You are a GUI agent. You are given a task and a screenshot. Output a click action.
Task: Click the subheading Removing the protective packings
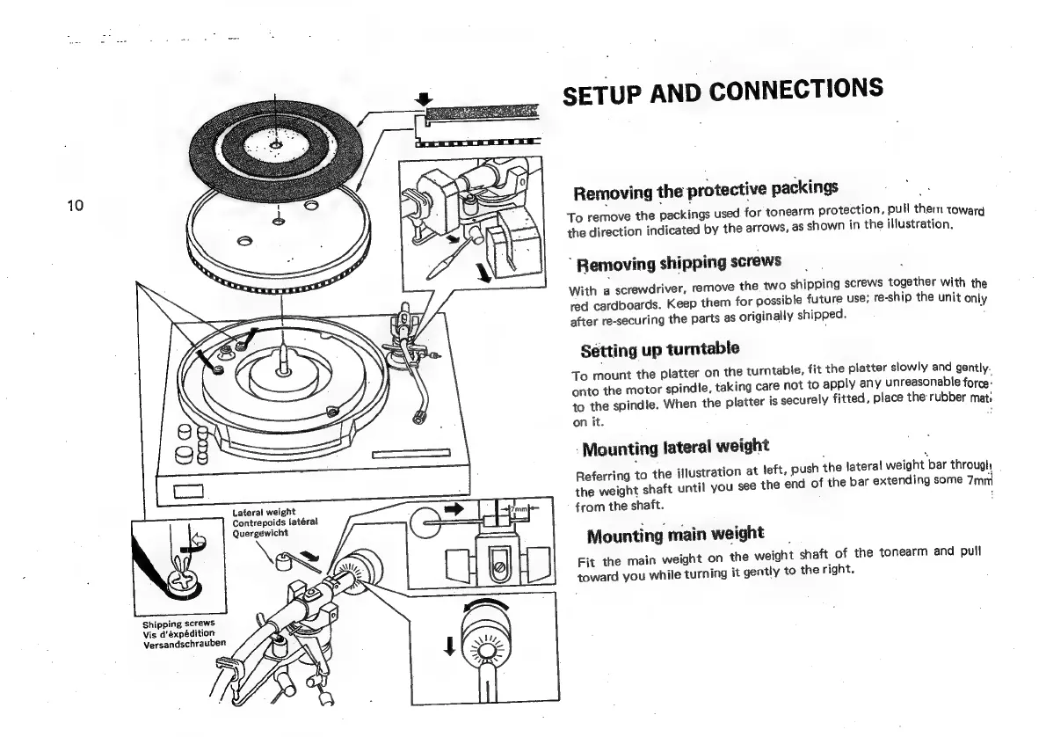point(705,189)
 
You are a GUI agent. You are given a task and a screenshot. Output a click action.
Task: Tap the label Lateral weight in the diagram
point(264,512)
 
